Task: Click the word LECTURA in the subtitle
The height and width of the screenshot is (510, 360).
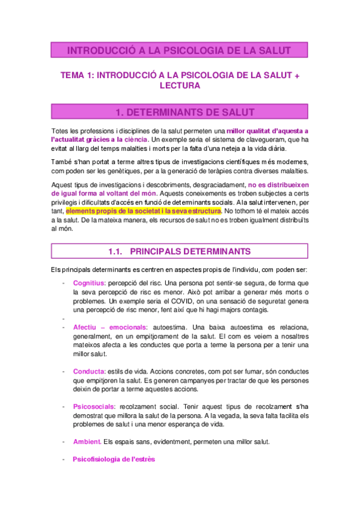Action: (180, 86)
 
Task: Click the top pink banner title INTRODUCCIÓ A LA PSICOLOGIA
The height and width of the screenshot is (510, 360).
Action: (179, 50)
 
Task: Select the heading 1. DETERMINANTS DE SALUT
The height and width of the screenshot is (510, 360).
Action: (179, 112)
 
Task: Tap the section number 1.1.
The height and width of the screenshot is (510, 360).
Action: (118, 250)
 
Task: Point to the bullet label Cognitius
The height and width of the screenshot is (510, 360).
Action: (89, 283)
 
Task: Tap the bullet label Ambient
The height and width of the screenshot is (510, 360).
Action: (87, 442)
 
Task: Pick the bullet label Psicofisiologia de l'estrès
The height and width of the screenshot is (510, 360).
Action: (114, 459)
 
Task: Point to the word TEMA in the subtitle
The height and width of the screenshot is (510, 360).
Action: (75, 75)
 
